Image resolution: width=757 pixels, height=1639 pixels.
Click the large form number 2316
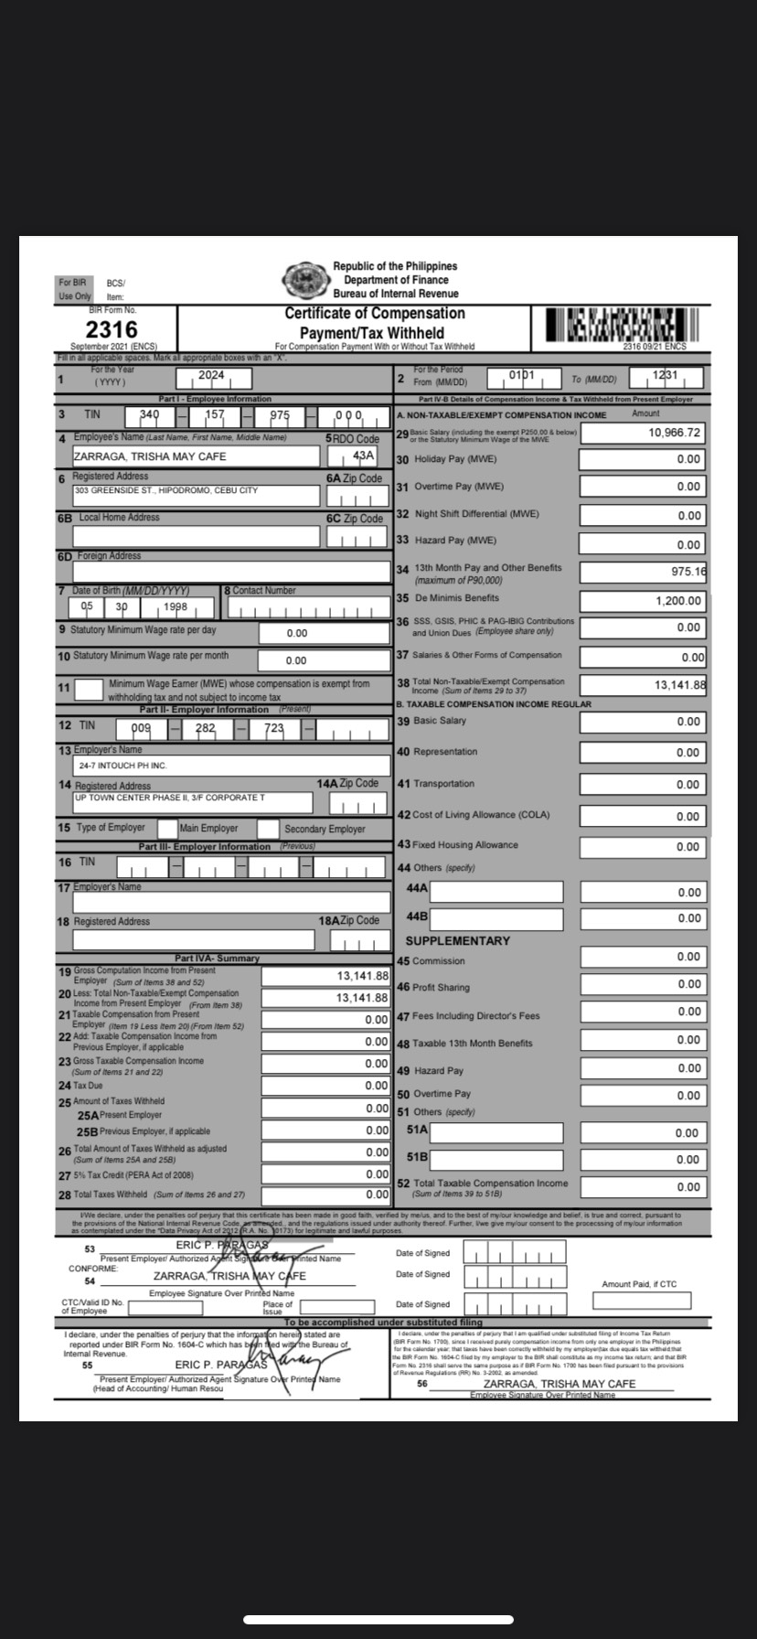pos(112,329)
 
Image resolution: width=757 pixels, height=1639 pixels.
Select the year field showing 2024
pos(212,378)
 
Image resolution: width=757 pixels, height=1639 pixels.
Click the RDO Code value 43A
pos(364,455)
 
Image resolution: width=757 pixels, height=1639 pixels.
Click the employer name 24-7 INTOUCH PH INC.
pos(123,765)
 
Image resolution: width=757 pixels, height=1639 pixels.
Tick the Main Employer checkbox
pos(167,829)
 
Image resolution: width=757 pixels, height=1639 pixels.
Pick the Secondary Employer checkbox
pos(268,829)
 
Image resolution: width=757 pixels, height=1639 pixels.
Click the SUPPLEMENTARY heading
pos(458,940)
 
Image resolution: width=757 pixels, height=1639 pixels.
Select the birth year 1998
pos(176,607)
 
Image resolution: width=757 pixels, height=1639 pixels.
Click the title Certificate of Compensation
pos(374,314)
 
